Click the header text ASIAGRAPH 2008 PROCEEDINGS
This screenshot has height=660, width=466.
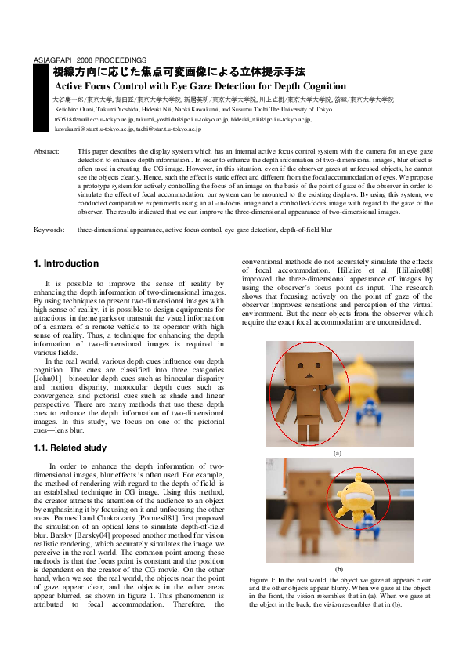(x=79, y=60)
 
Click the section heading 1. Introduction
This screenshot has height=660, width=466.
(x=67, y=263)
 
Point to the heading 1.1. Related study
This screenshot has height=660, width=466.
(x=70, y=448)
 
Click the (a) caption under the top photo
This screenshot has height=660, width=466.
(x=338, y=453)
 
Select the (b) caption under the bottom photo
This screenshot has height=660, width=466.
(x=338, y=568)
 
